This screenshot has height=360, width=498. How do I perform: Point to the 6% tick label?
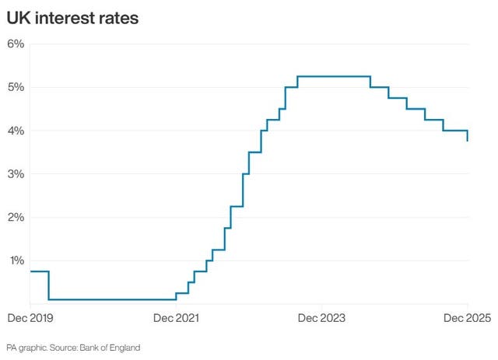pyautogui.click(x=16, y=44)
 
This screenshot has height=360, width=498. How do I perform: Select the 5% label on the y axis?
pyautogui.click(x=16, y=87)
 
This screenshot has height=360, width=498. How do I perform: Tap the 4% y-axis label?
pyautogui.click(x=16, y=131)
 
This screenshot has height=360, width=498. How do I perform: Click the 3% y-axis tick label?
pyautogui.click(x=16, y=174)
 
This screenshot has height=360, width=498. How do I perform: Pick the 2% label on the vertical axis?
pyautogui.click(x=16, y=217)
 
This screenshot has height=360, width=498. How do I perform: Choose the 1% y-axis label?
pyautogui.click(x=16, y=260)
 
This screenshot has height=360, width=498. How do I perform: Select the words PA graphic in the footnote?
pyautogui.click(x=24, y=347)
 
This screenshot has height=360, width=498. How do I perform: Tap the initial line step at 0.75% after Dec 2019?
pyautogui.click(x=39, y=271)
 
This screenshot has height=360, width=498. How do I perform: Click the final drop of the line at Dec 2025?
pyautogui.click(x=467, y=136)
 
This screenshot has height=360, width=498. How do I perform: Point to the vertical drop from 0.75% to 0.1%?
pyautogui.click(x=49, y=285)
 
